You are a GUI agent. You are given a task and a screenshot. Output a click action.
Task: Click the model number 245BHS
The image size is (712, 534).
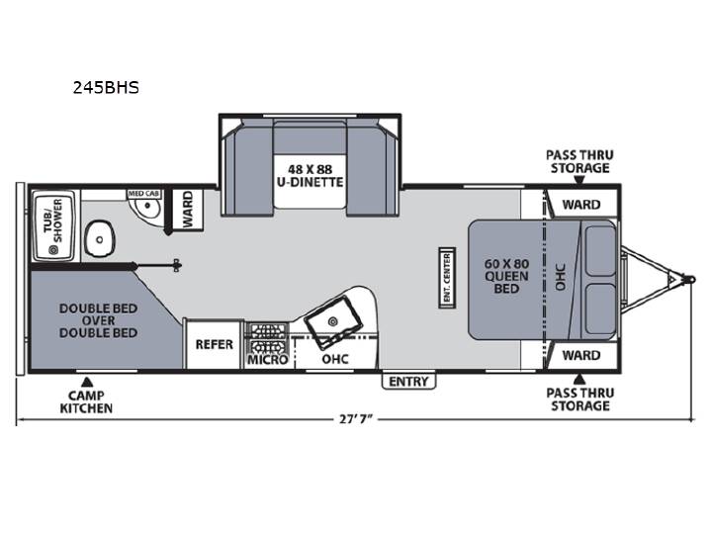click(106, 87)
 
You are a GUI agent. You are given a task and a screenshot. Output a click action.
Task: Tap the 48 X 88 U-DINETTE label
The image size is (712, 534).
click(311, 176)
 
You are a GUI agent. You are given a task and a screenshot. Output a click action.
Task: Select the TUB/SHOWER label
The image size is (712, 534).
click(53, 222)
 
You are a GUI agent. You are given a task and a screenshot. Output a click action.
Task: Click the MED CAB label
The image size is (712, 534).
click(143, 194)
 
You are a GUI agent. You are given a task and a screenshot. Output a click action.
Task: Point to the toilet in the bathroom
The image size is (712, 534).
click(99, 239)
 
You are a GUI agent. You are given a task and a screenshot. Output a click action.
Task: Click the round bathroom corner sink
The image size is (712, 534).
click(144, 209)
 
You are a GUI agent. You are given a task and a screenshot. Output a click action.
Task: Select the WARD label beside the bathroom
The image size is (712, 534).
click(188, 210)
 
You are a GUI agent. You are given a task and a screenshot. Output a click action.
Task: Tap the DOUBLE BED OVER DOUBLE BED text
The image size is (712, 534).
click(98, 320)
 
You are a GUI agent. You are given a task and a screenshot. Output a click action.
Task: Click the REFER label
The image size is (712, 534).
click(214, 345)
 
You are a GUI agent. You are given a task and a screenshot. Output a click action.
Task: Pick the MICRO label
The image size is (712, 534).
click(267, 360)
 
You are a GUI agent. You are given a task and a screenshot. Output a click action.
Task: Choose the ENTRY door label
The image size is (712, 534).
click(408, 382)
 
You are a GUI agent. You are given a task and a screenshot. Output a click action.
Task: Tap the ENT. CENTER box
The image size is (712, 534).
click(447, 278)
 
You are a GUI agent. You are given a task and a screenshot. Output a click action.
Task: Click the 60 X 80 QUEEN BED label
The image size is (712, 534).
click(506, 276)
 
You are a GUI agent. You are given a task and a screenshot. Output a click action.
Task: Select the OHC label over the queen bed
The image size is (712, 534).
click(561, 277)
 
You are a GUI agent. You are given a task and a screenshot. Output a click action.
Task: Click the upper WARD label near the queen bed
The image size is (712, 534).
click(581, 205)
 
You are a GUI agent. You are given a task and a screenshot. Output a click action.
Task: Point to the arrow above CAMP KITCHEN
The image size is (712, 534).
click(87, 382)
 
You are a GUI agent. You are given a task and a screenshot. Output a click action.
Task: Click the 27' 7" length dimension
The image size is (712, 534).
click(356, 418)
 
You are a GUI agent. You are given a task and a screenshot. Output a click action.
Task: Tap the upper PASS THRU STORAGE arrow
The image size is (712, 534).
click(578, 180)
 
